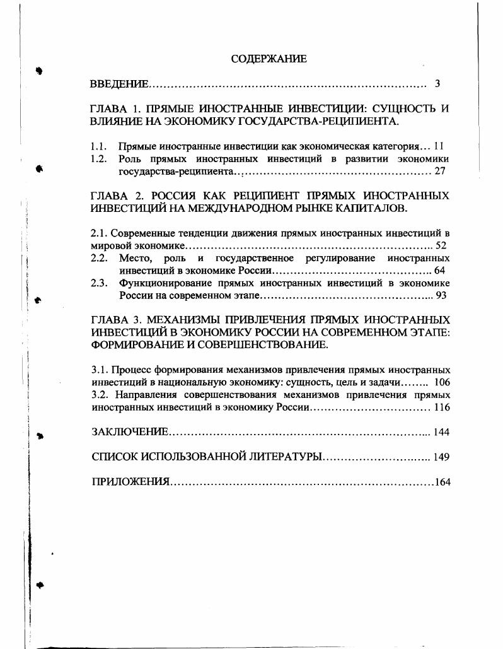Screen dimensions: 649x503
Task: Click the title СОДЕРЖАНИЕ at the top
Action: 269,59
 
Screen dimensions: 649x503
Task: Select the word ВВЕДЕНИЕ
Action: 120,84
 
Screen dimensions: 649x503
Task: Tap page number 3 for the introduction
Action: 437,84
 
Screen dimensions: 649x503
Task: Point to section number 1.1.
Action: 98,146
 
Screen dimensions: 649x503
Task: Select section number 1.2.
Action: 98,159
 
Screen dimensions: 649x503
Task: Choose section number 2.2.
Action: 98,258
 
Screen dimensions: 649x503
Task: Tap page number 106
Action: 441,382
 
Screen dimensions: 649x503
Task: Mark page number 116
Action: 442,407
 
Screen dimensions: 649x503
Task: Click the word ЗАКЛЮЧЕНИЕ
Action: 130,432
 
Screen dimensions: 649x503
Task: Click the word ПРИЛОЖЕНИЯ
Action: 131,482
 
